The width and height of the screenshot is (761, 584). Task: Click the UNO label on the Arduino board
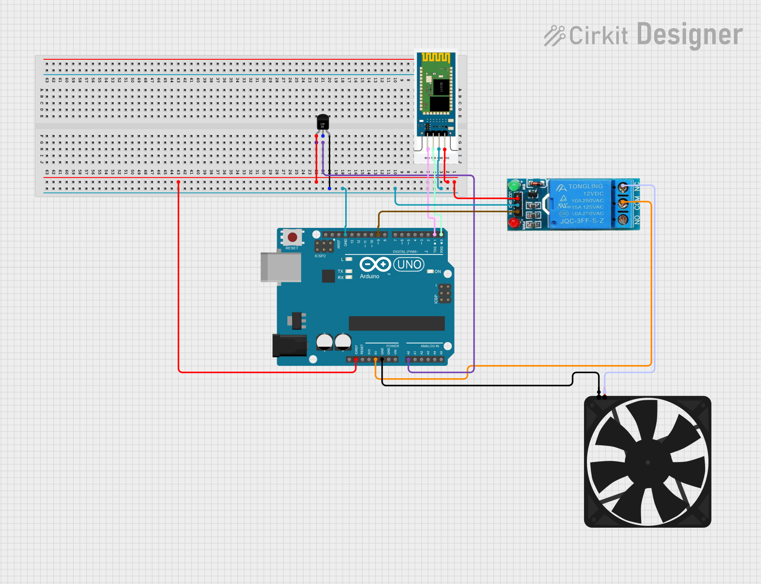[409, 264]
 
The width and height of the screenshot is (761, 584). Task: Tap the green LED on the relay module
[513, 185]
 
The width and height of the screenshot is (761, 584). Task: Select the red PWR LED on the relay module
[513, 223]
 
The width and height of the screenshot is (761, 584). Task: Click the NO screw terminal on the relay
[623, 219]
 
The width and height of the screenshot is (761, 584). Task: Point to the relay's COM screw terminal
[623, 203]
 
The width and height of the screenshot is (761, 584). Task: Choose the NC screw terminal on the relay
[623, 187]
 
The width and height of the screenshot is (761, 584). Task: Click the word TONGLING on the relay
[585, 186]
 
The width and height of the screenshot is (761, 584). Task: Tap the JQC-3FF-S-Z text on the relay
[582, 221]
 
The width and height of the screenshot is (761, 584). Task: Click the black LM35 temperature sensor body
[322, 122]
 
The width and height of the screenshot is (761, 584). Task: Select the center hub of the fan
[647, 462]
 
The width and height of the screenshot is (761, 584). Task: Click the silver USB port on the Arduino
[280, 267]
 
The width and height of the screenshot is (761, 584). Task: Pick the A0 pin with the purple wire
[408, 359]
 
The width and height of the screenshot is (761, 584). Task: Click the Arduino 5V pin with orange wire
[375, 359]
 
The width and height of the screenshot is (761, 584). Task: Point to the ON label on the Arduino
[438, 272]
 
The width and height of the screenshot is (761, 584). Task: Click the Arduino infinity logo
[375, 264]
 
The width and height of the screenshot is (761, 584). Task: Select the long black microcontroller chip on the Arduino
[396, 323]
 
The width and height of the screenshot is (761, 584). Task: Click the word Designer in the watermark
[690, 35]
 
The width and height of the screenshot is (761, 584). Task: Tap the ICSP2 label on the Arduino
[320, 256]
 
